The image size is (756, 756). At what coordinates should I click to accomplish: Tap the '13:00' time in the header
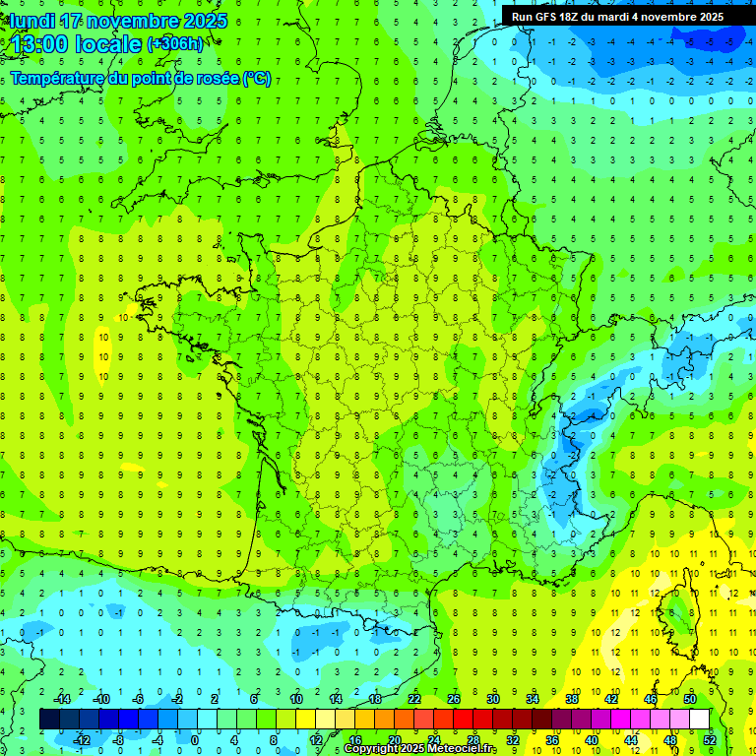tap(39, 44)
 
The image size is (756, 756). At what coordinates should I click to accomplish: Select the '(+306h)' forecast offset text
tap(175, 44)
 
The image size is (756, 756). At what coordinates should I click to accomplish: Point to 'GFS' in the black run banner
tap(551, 17)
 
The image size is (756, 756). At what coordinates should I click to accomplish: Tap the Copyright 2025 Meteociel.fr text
tap(419, 749)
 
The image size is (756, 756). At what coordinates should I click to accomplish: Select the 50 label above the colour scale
tap(689, 699)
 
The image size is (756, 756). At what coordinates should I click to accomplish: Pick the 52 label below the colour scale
tap(709, 739)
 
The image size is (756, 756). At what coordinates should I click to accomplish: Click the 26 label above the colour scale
tap(454, 699)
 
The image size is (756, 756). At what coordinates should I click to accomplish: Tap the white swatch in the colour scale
tap(699, 719)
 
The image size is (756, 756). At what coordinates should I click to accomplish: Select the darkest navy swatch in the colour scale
tap(49, 719)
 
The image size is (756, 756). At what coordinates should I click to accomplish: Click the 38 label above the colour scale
tap(571, 699)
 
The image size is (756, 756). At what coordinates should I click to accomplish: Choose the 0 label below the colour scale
tap(195, 739)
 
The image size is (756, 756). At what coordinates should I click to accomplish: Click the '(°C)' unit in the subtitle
tap(257, 79)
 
